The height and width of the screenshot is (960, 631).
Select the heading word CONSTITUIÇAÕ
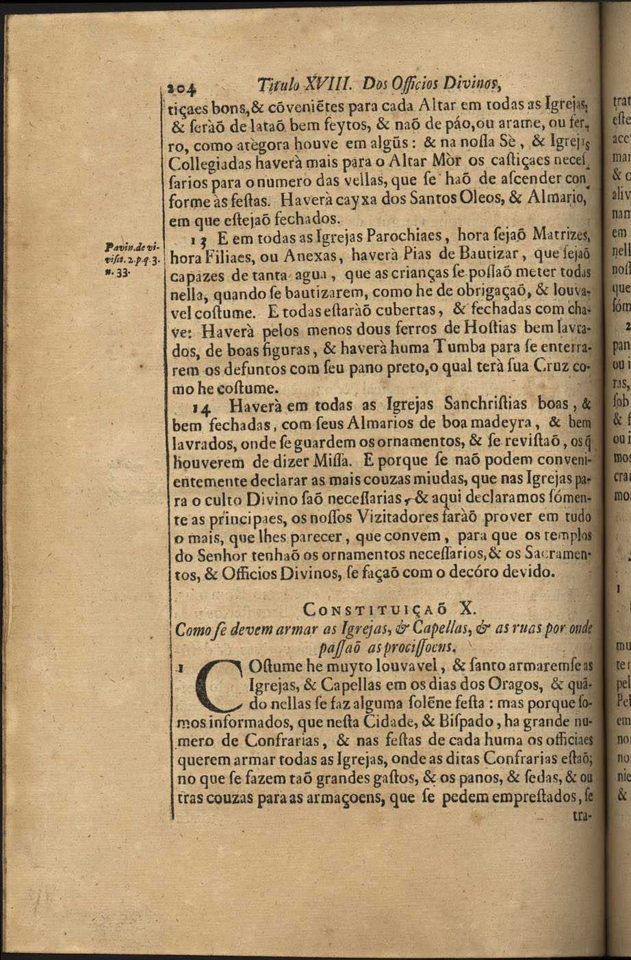(375, 609)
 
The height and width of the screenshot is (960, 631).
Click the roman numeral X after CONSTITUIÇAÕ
(466, 608)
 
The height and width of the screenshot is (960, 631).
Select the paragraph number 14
(201, 409)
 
